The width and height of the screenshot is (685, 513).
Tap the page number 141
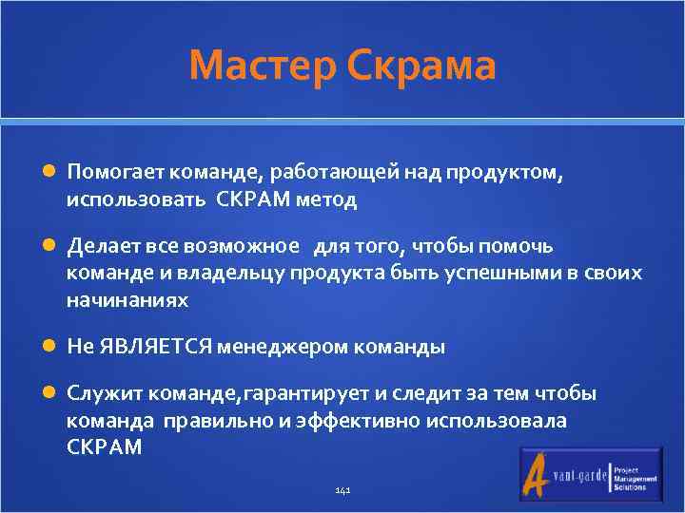pyautogui.click(x=343, y=490)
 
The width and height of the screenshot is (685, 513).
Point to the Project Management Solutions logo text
pyautogui.click(x=636, y=478)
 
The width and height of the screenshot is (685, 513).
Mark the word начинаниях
pyautogui.click(x=127, y=300)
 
